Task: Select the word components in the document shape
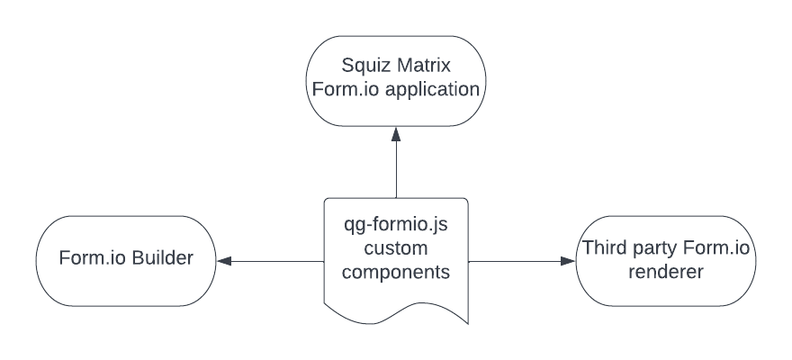coord(396,271)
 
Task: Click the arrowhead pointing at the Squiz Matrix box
coord(396,132)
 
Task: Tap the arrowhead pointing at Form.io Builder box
coord(225,262)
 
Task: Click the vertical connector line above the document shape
coord(396,171)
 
